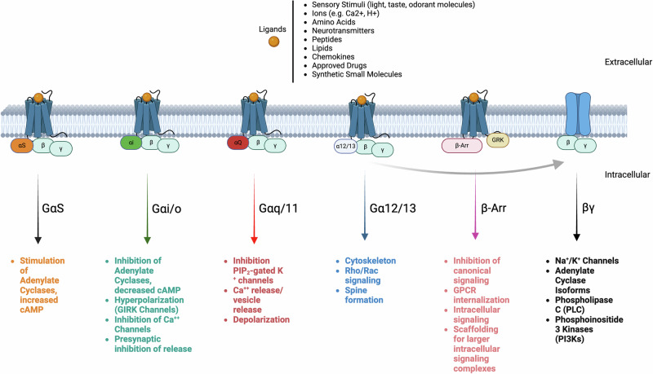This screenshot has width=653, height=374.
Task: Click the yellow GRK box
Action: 497,139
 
